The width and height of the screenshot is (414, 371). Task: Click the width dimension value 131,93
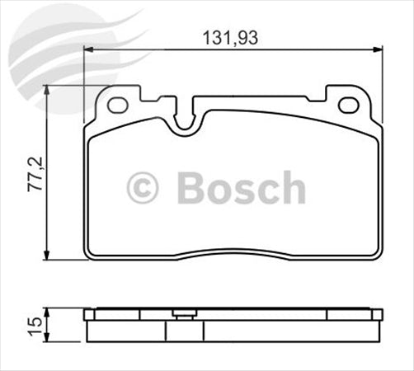point(228,38)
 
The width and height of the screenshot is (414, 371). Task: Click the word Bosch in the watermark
point(241,188)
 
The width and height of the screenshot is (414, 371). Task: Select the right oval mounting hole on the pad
point(348,105)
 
